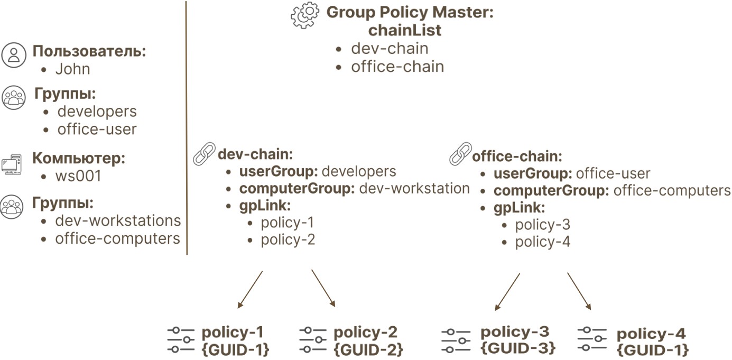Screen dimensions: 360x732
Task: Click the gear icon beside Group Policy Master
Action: [305, 15]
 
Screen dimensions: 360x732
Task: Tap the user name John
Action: [72, 69]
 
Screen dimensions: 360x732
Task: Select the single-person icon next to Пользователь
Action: [13, 55]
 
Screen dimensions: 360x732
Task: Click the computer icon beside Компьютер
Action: [12, 165]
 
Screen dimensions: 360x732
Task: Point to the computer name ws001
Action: [78, 176]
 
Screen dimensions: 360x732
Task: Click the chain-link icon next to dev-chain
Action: [204, 154]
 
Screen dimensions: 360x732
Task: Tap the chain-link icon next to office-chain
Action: [460, 154]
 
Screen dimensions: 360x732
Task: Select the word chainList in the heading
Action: [405, 30]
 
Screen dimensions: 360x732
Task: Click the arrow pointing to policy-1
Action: [250, 290]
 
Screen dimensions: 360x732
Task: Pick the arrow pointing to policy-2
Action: [323, 288]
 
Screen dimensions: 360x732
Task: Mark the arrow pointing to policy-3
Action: [507, 291]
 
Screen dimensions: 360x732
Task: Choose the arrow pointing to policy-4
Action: [579, 291]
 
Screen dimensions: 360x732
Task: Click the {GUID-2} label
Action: [368, 349]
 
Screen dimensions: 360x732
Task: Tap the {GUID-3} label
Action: [518, 348]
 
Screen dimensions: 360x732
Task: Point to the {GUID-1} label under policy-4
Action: [653, 350]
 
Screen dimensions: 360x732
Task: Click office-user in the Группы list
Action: [97, 130]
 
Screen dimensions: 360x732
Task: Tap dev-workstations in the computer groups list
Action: [118, 220]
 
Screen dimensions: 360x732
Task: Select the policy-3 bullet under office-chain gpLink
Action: [542, 225]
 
